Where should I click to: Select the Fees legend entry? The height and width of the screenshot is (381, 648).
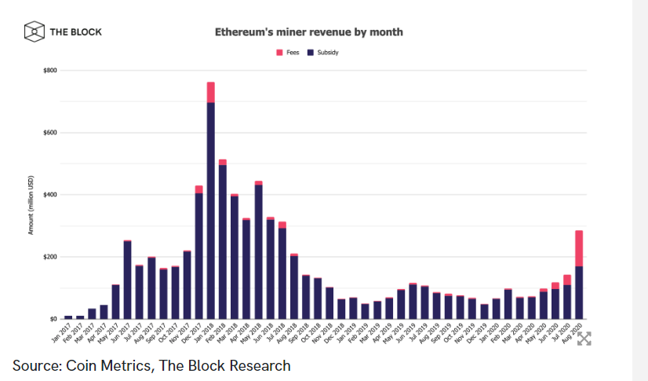tap(286, 53)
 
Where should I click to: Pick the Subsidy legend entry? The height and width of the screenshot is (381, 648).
tap(323, 53)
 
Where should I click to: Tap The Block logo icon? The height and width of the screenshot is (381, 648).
tap(33, 32)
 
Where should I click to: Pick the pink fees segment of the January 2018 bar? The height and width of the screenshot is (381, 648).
tap(210, 92)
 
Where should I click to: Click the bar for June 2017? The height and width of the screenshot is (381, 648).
tap(127, 280)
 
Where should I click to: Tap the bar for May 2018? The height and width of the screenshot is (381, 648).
tap(258, 251)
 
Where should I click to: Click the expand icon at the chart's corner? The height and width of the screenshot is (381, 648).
tap(584, 338)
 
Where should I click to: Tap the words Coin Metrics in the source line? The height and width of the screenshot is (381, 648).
tap(107, 365)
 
